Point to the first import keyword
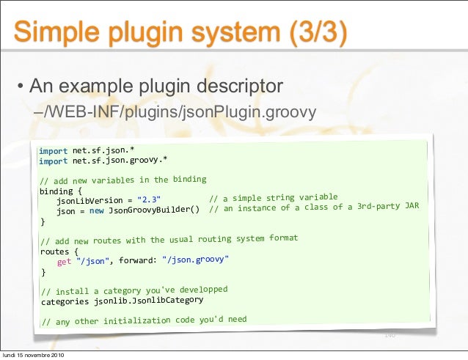(53, 151)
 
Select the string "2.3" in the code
(149, 200)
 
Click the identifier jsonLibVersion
(89, 201)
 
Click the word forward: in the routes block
(136, 260)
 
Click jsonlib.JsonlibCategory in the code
(148, 301)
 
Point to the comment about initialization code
(144, 320)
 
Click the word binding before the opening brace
(56, 191)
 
